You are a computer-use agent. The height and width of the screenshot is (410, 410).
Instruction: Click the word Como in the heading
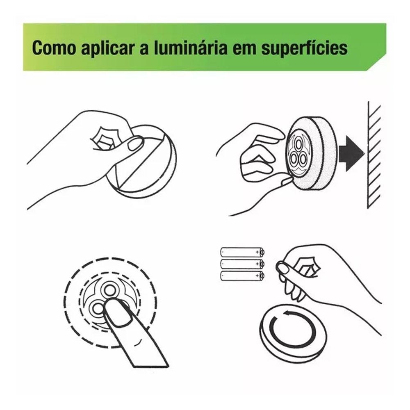coord(54,48)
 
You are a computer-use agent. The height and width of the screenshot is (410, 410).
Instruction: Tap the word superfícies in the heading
coord(305,48)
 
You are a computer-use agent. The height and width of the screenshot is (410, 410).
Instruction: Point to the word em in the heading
coord(244,50)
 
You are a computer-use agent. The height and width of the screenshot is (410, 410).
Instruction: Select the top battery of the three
coord(242,252)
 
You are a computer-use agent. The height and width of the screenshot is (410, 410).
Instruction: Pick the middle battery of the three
coord(242,264)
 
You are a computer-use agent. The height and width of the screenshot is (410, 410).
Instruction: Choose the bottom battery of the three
coord(242,276)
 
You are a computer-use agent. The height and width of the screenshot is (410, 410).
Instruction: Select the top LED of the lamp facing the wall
coord(298,143)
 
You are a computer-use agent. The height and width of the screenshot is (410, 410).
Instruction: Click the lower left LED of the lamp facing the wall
coord(294,158)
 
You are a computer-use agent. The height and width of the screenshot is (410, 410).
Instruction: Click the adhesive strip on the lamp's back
coord(141,162)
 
